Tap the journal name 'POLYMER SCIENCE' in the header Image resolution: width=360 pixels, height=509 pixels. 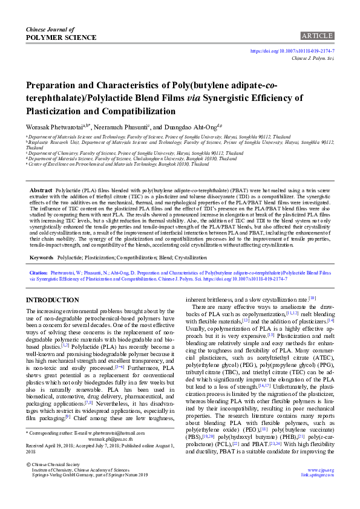61,37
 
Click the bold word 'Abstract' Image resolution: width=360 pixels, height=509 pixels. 41,189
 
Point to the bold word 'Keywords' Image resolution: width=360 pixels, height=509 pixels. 41,257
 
